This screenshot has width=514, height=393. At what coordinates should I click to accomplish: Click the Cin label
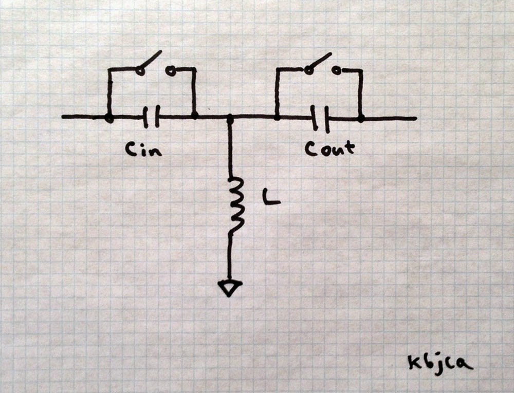143,149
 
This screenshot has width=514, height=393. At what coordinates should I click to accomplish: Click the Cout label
329,149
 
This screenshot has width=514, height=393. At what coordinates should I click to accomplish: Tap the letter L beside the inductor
271,198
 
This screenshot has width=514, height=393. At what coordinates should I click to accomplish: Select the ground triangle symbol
229,288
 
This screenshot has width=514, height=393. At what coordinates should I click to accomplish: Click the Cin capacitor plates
151,117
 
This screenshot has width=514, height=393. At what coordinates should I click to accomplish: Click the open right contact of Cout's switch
336,71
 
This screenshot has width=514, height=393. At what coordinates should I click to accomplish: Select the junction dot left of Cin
109,118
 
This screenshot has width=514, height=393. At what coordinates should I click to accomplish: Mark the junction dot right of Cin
194,116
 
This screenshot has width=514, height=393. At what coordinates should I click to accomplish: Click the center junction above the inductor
230,118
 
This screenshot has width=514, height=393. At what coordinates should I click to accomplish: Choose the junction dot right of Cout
361,119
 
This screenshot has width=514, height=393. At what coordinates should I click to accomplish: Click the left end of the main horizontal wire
64,117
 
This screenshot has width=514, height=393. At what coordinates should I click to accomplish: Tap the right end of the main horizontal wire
414,119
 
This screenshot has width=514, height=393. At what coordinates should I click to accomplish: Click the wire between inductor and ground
229,257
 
